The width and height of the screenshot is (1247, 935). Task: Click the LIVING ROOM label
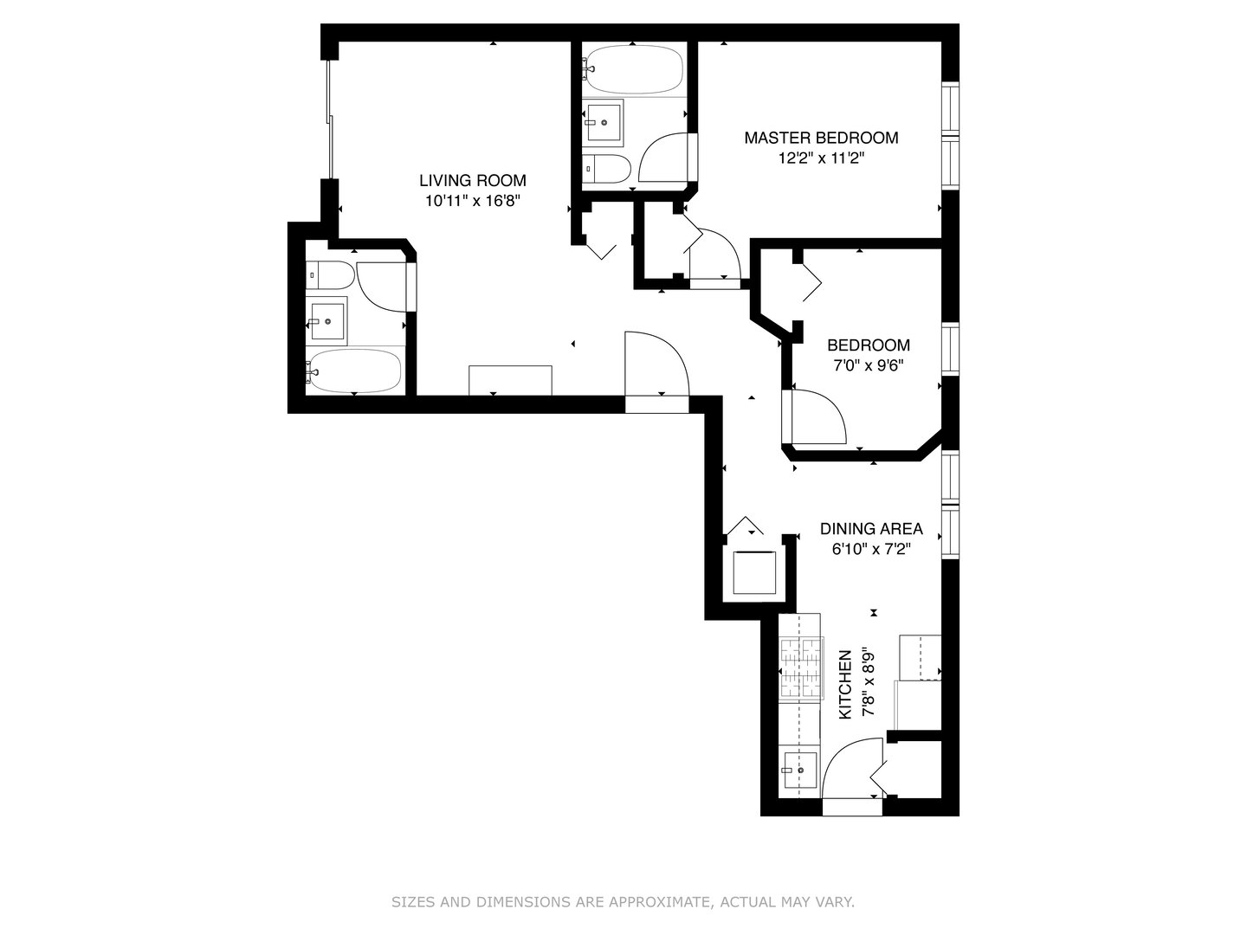[472, 181]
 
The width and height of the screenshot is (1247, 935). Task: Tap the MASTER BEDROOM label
[821, 138]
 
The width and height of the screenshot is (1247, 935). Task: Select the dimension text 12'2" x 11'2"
[821, 158]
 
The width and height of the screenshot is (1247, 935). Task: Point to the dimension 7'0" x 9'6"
[868, 365]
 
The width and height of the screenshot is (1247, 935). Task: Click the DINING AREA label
[871, 529]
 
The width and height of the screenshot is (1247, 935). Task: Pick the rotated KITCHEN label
[846, 684]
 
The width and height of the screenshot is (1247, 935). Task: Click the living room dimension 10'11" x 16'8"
[472, 202]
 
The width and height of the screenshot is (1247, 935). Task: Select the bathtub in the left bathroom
[355, 371]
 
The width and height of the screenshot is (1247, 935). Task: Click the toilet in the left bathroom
[330, 275]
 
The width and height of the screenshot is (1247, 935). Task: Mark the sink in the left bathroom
[327, 320]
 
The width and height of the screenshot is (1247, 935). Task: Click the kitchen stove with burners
[800, 668]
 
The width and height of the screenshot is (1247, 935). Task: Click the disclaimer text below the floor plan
[623, 902]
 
